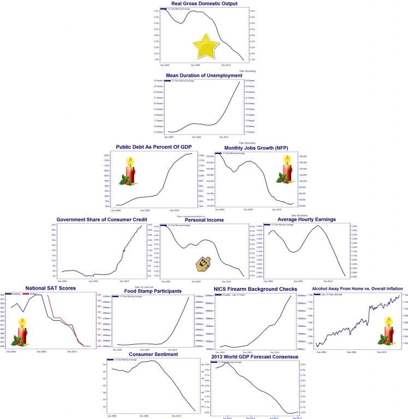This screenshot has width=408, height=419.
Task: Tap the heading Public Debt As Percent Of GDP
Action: click(152, 147)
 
